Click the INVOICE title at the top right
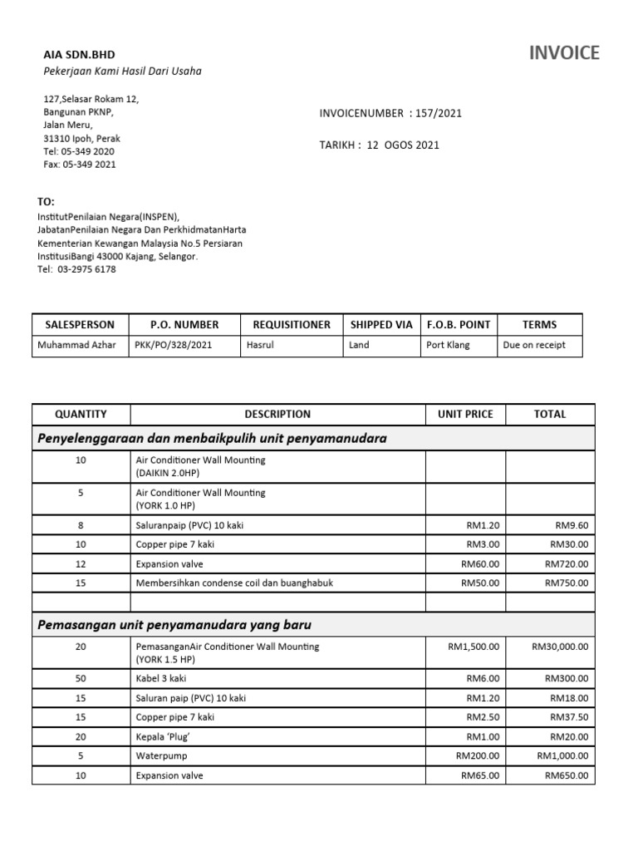564,53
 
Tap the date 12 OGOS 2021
403,145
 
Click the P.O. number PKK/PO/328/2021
167,345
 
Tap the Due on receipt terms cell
534,345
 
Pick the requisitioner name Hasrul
260,345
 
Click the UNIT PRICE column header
465,414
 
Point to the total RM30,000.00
561,646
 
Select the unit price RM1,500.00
474,646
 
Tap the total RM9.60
572,525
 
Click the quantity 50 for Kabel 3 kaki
81,679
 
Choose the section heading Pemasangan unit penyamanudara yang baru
174,623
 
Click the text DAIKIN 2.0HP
164,472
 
